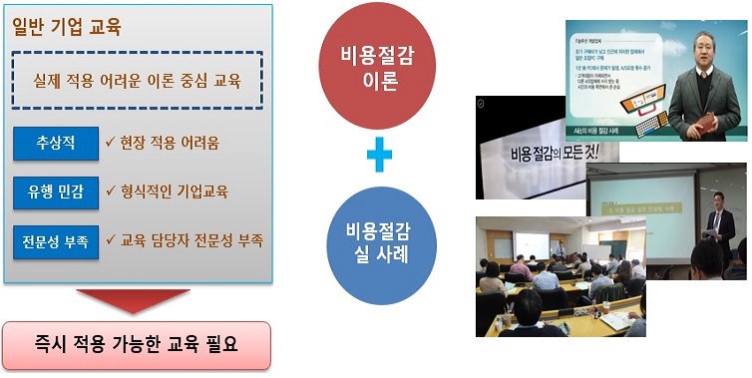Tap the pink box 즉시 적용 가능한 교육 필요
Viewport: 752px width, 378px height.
pyautogui.click(x=136, y=345)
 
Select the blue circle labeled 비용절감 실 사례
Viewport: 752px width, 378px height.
pyautogui.click(x=379, y=246)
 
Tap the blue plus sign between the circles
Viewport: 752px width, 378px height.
pyautogui.click(x=379, y=156)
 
